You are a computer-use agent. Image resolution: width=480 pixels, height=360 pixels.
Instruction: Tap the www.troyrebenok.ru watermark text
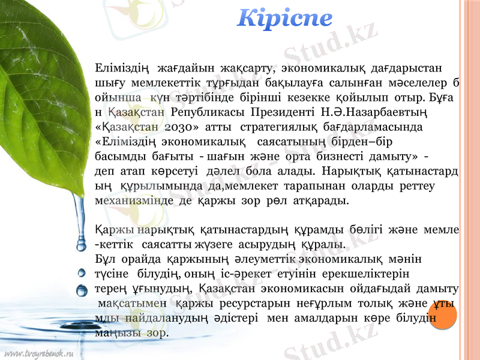[x=39, y=352]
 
